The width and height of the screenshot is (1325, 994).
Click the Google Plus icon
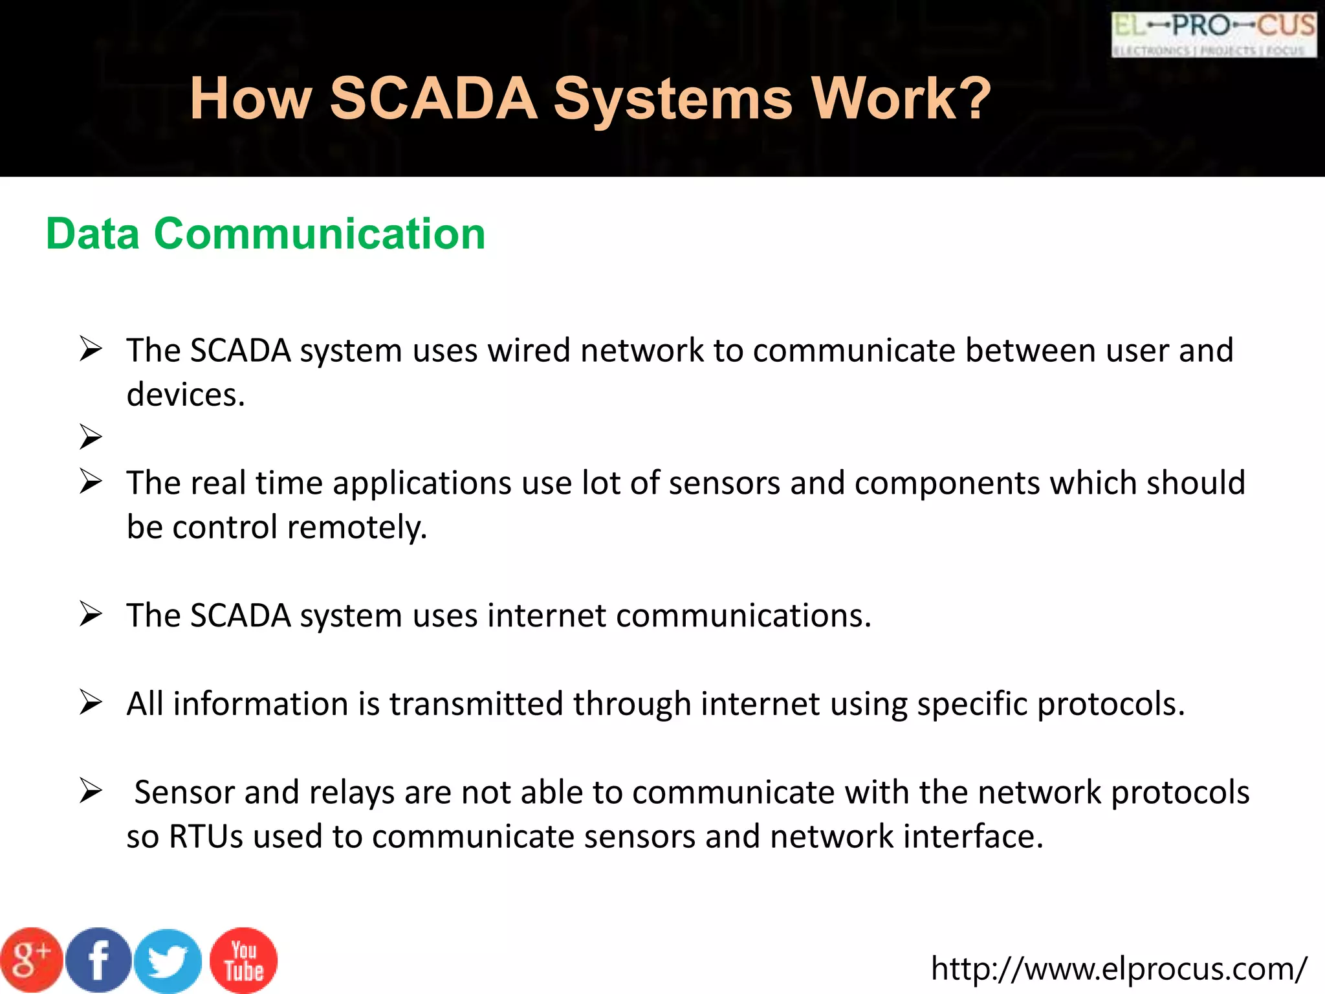(x=31, y=960)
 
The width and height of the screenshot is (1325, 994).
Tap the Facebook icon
(x=98, y=960)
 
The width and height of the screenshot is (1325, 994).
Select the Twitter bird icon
(x=168, y=962)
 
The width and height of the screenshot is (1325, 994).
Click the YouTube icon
(x=244, y=960)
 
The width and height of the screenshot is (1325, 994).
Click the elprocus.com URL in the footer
(x=1119, y=969)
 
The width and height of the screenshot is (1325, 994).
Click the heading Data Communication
(x=265, y=234)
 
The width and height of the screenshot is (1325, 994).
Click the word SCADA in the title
(x=433, y=99)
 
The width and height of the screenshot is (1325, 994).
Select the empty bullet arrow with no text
(x=91, y=437)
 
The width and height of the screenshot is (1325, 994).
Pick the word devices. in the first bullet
(x=186, y=395)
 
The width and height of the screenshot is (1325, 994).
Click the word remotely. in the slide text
(x=357, y=527)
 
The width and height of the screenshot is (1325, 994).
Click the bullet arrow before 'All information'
(x=91, y=703)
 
